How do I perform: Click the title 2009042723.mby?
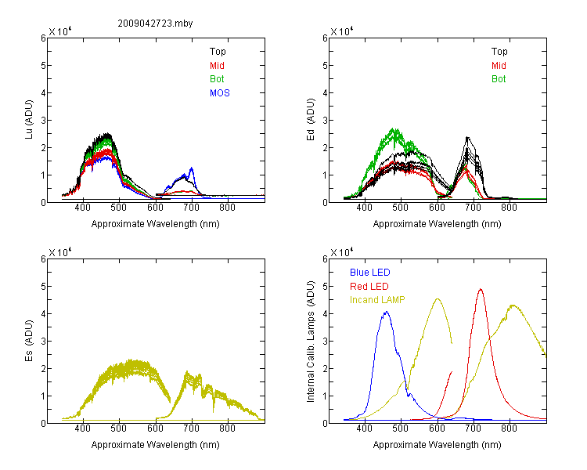(155, 23)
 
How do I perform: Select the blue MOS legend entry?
(220, 93)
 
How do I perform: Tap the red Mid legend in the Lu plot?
(217, 66)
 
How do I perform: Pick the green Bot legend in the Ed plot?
(499, 79)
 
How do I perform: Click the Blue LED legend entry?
(370, 273)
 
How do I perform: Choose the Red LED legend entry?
(369, 287)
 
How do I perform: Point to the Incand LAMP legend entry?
(377, 300)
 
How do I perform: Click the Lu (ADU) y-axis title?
(29, 119)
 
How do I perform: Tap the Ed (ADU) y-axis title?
(311, 119)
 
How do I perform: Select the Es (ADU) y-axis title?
(29, 340)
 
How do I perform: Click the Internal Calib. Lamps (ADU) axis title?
(311, 342)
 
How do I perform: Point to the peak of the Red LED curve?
(481, 289)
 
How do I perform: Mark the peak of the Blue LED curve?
(387, 312)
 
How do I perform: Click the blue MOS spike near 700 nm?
(192, 168)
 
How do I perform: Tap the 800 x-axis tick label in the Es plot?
(227, 428)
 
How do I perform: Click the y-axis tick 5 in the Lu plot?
(43, 66)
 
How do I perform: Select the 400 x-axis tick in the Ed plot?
(364, 208)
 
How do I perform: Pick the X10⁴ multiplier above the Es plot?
(60, 252)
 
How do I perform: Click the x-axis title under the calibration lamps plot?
(437, 445)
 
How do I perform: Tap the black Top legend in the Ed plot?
(499, 52)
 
